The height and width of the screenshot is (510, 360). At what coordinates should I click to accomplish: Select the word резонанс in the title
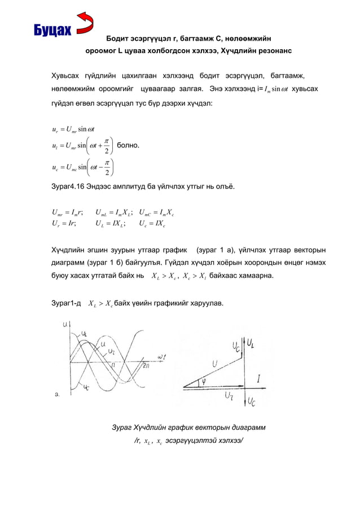click(274, 51)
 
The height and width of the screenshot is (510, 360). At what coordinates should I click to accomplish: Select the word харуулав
click(207, 304)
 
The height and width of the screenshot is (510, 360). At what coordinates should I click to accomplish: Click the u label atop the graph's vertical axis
click(67, 324)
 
